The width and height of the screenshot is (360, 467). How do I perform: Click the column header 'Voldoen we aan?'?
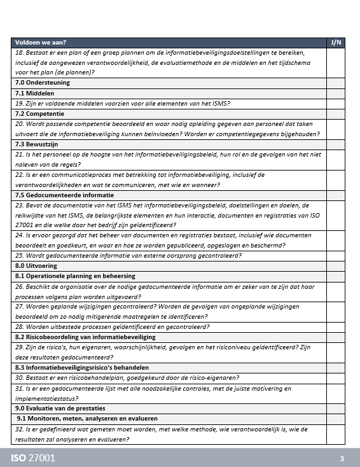(x=41, y=43)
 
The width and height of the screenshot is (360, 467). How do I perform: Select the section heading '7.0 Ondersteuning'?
(x=42, y=83)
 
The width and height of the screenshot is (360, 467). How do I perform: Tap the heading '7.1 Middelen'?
(x=36, y=93)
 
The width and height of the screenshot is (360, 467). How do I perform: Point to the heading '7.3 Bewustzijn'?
(x=38, y=144)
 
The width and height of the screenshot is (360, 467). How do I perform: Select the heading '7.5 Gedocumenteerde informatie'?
(x=64, y=195)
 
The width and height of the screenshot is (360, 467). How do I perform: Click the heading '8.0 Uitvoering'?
(x=36, y=265)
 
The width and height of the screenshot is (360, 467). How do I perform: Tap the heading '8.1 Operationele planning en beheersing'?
(x=75, y=276)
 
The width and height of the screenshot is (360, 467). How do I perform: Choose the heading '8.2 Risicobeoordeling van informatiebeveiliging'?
(x=85, y=337)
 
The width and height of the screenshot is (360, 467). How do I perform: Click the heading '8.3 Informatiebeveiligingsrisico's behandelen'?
(x=82, y=367)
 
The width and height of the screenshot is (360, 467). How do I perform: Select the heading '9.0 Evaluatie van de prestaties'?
(x=60, y=408)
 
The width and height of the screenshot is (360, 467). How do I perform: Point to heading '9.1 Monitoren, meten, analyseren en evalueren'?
(x=87, y=418)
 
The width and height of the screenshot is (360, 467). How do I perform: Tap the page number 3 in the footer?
(x=342, y=458)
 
